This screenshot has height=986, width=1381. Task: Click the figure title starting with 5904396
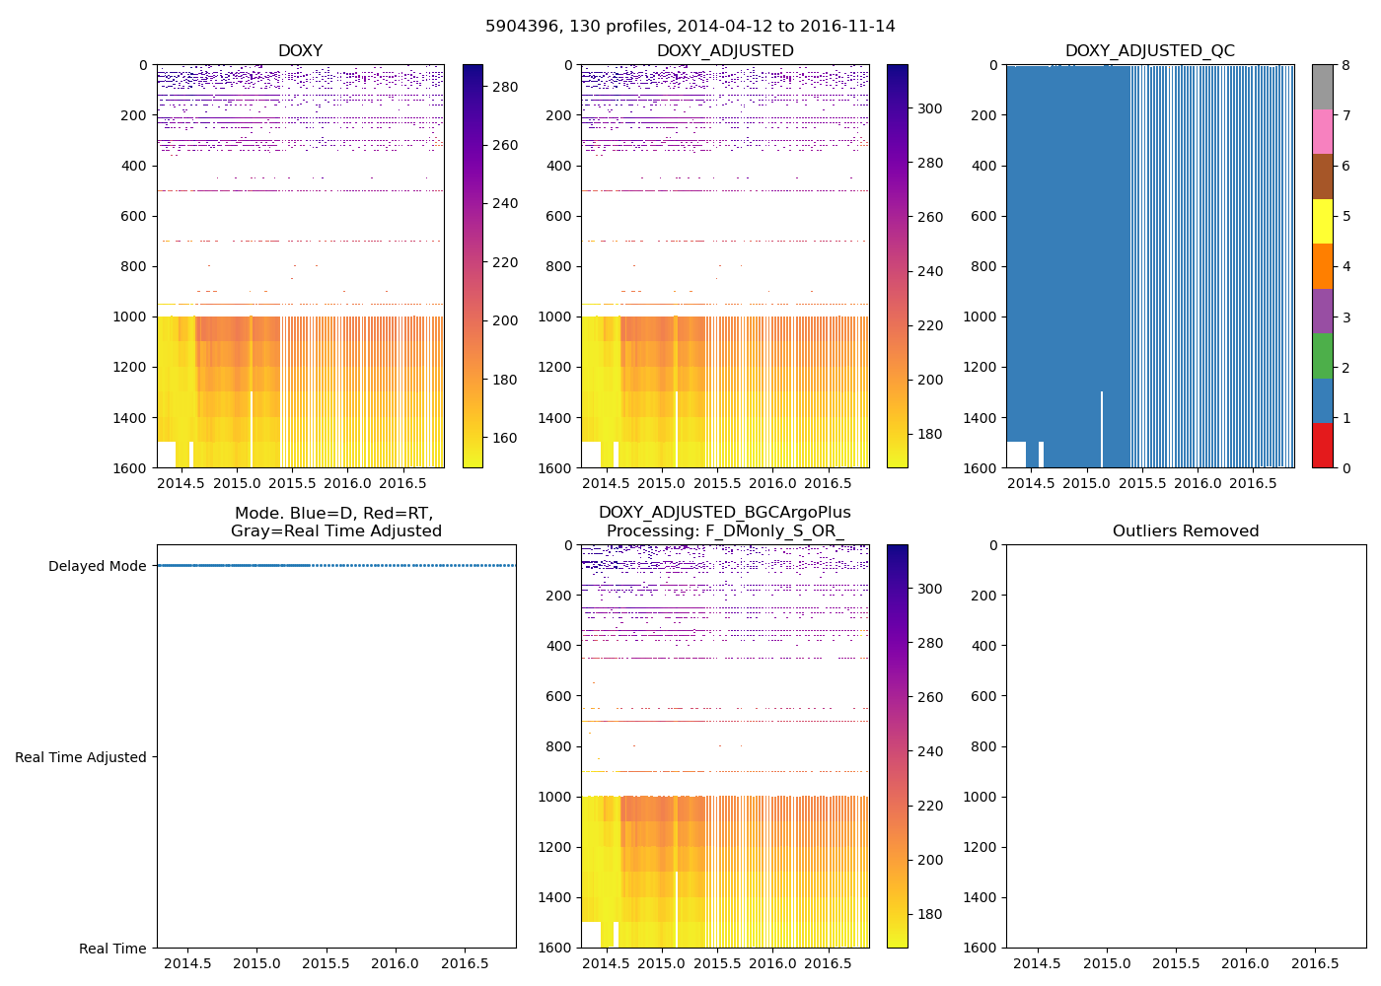tap(690, 27)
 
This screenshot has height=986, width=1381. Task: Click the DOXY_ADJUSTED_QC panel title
tap(1149, 51)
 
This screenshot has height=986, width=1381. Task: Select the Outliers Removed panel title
tap(1186, 531)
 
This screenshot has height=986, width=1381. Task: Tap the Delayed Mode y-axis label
tap(97, 566)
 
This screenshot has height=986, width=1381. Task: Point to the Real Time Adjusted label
tap(81, 757)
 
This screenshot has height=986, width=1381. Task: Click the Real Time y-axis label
tap(112, 949)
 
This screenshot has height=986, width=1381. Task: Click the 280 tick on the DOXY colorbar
tap(505, 87)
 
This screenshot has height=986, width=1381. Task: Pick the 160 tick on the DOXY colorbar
tap(505, 439)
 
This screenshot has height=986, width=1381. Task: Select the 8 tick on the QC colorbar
tap(1346, 65)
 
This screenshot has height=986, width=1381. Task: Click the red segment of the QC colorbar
tap(1322, 445)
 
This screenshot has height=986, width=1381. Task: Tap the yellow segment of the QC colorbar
tap(1322, 221)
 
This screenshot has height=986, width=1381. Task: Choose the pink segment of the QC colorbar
tap(1322, 131)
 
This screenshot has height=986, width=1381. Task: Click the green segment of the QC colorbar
tap(1322, 355)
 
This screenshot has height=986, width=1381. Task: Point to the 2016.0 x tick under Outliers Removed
tap(1246, 963)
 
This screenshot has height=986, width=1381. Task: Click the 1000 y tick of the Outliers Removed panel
tap(978, 797)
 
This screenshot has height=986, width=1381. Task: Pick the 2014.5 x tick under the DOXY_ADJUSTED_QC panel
tap(1032, 483)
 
